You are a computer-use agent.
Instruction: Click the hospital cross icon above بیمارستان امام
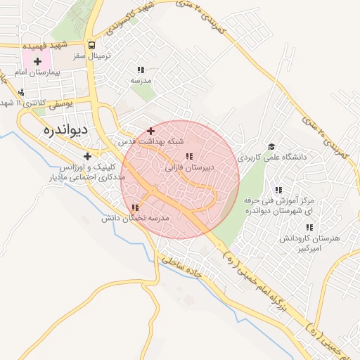tap(37, 61)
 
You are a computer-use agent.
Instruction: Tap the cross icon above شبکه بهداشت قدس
tap(150, 131)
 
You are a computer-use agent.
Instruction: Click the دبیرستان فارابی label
tap(188, 169)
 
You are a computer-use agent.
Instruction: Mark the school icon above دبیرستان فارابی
tap(188, 157)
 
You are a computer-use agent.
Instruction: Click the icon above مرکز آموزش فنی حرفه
tap(278, 190)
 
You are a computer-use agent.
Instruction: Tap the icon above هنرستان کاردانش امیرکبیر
tap(309, 227)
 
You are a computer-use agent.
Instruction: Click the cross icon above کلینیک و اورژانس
tap(87, 156)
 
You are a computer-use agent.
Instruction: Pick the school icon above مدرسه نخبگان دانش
tap(134, 207)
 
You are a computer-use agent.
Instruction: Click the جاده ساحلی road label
tap(181, 267)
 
